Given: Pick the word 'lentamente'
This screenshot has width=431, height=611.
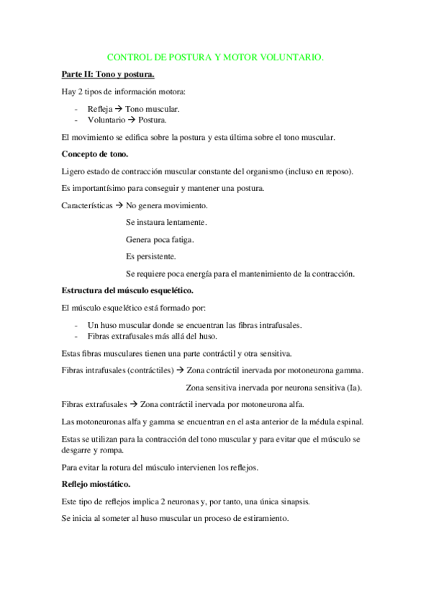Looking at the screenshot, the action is point(186,222).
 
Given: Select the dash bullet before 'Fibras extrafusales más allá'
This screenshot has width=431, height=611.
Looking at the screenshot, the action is point(76,336).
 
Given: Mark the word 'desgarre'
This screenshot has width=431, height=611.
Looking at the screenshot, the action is point(80,450).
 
